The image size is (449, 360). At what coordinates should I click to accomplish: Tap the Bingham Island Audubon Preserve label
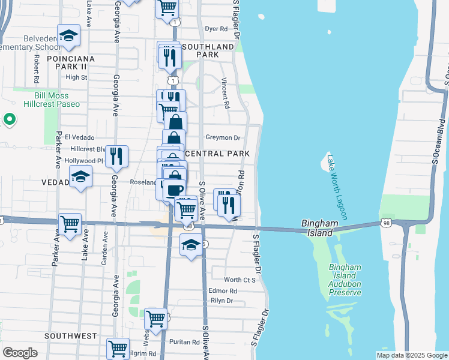tap(345, 280)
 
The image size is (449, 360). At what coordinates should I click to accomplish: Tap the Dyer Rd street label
tap(216, 28)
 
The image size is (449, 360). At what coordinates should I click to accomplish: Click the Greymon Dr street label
tap(223, 137)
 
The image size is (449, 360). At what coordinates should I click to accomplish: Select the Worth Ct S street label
tap(240, 280)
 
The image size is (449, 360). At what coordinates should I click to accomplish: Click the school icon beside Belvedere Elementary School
tap(68, 35)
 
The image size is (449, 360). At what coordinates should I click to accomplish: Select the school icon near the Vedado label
tap(80, 177)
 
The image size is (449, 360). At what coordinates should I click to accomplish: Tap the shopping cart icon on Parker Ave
tap(70, 224)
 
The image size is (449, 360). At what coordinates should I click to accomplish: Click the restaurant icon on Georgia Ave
tap(116, 156)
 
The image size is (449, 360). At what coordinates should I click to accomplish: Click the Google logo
tap(20, 353)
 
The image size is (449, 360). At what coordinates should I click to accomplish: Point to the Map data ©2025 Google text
tap(411, 355)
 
